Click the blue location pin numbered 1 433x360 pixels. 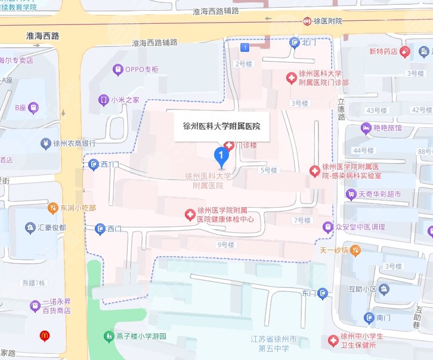point(222,158)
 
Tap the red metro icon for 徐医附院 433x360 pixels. point(308,21)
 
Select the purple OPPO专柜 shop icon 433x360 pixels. point(118,69)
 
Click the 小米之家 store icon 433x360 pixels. point(104,100)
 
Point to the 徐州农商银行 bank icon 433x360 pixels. point(45,143)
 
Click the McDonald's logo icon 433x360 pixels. point(44,336)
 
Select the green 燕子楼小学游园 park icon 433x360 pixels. point(108,337)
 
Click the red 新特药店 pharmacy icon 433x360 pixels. point(404,51)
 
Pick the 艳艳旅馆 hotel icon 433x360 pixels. point(365,128)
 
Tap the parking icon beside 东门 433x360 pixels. point(323,293)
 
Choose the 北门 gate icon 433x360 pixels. point(294,42)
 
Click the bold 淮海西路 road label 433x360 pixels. point(39,36)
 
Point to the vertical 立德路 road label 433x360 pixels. point(341,110)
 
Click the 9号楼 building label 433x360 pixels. point(226,245)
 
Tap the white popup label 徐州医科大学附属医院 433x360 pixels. point(221,127)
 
